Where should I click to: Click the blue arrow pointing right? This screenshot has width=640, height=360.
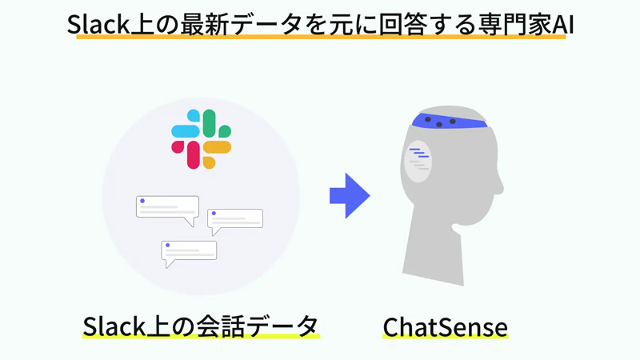pos(350,195)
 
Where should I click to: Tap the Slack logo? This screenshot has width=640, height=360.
pos(202,139)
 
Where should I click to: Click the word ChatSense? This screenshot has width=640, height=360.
pos(446,327)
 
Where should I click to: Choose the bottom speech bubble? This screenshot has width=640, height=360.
pos(189,251)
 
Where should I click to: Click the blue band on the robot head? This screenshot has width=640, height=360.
pos(448,120)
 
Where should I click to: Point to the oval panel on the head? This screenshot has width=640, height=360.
pos(418,161)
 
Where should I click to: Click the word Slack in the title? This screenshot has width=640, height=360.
pos(98,24)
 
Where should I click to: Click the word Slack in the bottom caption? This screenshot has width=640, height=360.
pos(114,326)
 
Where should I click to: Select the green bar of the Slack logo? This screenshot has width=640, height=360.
pos(209,123)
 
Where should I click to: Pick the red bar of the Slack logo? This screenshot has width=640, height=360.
pos(194,154)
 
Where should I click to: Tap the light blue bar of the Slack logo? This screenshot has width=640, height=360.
pos(186,131)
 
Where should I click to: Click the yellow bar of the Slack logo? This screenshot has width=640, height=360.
pos(217,147)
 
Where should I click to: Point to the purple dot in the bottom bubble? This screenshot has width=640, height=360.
pos(167,246)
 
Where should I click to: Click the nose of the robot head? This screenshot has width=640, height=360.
pos(499,188)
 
